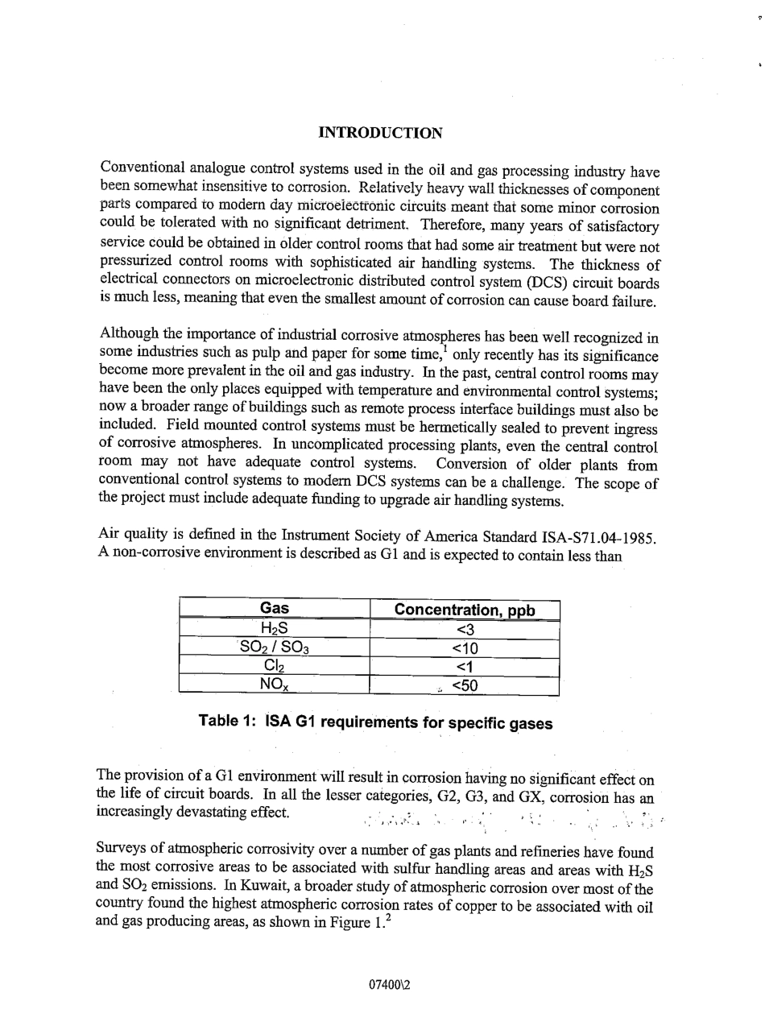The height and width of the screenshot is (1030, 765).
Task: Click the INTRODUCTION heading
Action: click(380, 133)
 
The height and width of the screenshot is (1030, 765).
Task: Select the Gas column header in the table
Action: click(275, 609)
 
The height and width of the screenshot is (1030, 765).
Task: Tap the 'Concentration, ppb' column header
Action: click(465, 610)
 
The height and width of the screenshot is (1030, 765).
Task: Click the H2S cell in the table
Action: click(275, 629)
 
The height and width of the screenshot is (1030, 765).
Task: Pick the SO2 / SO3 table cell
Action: click(275, 647)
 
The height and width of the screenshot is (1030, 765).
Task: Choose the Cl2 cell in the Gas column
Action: click(275, 667)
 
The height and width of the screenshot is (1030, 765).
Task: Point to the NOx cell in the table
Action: click(275, 685)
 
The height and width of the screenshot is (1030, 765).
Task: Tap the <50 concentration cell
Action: click(465, 686)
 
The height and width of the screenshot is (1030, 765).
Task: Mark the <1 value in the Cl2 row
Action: click(465, 667)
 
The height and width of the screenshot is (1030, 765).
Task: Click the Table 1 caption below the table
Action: click(375, 723)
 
